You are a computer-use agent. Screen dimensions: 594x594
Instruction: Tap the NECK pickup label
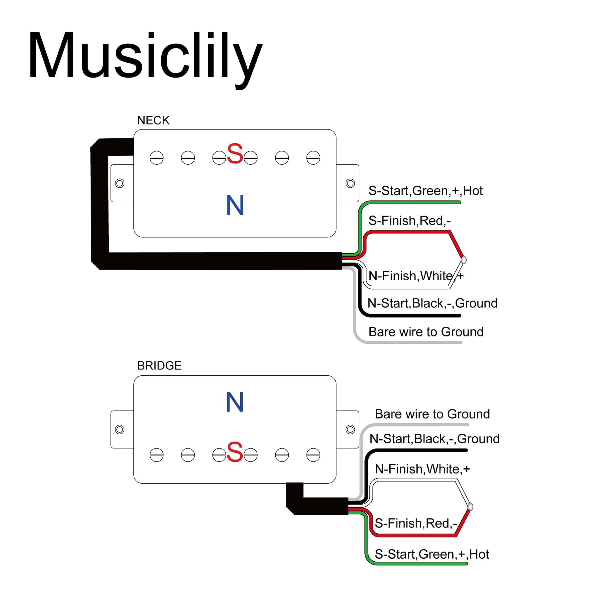(x=153, y=121)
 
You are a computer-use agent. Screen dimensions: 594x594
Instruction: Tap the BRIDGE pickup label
(x=159, y=366)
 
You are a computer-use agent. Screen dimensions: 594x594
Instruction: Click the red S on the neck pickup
(x=235, y=154)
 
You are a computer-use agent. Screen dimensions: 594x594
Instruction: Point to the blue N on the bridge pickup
(x=235, y=402)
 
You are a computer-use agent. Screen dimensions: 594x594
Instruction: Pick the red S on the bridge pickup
(x=235, y=452)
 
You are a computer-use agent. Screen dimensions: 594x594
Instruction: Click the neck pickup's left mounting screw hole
(x=120, y=183)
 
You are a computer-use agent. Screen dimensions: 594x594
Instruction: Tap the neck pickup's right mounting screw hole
(x=350, y=183)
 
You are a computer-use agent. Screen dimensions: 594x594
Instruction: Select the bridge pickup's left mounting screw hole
(x=120, y=429)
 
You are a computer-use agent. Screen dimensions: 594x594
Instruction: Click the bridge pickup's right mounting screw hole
(x=350, y=429)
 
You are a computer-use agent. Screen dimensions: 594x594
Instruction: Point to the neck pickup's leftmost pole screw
(x=157, y=158)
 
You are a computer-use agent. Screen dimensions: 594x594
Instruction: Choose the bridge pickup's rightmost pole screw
(x=313, y=455)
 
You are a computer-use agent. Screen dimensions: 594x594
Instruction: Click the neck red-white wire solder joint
(x=464, y=260)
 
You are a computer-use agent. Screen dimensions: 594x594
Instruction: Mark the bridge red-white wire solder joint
(x=470, y=506)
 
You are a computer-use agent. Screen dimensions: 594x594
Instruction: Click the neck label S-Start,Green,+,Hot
(x=425, y=191)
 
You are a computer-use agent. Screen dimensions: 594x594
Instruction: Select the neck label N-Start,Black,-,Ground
(x=432, y=304)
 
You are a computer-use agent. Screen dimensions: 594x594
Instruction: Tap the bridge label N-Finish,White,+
(x=422, y=469)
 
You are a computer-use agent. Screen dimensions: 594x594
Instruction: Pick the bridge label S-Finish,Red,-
(x=416, y=523)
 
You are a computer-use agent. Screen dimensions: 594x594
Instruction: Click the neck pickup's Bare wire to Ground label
(x=426, y=332)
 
